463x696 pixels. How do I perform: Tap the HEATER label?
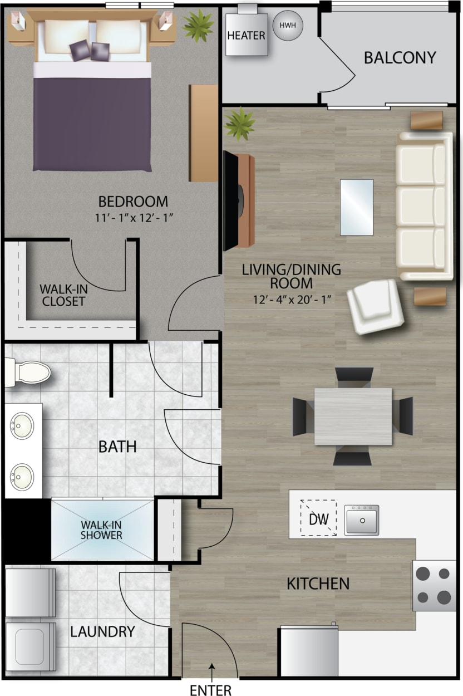tap(247, 35)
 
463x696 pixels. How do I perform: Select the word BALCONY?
tap(400, 58)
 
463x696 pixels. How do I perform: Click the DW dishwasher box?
tap(319, 518)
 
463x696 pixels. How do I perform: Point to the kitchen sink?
tap(361, 520)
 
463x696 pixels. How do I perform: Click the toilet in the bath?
tap(28, 371)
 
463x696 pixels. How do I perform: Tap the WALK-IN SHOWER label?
tap(101, 530)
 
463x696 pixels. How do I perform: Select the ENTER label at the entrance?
tap(210, 690)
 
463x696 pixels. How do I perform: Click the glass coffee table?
tap(357, 207)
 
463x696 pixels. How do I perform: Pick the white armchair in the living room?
tap(376, 306)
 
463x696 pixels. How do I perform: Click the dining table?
tap(353, 416)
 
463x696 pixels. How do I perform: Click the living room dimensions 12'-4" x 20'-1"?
tap(292, 300)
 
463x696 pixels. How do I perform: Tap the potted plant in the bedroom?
tap(198, 25)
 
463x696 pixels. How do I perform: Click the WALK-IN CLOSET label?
tap(62, 295)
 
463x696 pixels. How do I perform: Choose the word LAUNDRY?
tap(102, 631)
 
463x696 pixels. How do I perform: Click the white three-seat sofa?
tap(425, 206)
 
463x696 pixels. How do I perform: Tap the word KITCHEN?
tap(318, 584)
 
